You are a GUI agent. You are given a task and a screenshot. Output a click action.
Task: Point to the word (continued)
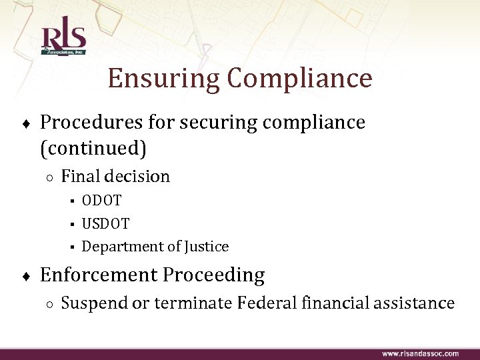93,148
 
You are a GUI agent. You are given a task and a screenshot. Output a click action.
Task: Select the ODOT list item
101,200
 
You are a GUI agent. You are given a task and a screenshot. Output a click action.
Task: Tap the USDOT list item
105,223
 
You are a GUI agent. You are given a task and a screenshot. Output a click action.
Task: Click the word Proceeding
216,275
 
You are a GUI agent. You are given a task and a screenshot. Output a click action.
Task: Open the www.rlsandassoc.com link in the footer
420,353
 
